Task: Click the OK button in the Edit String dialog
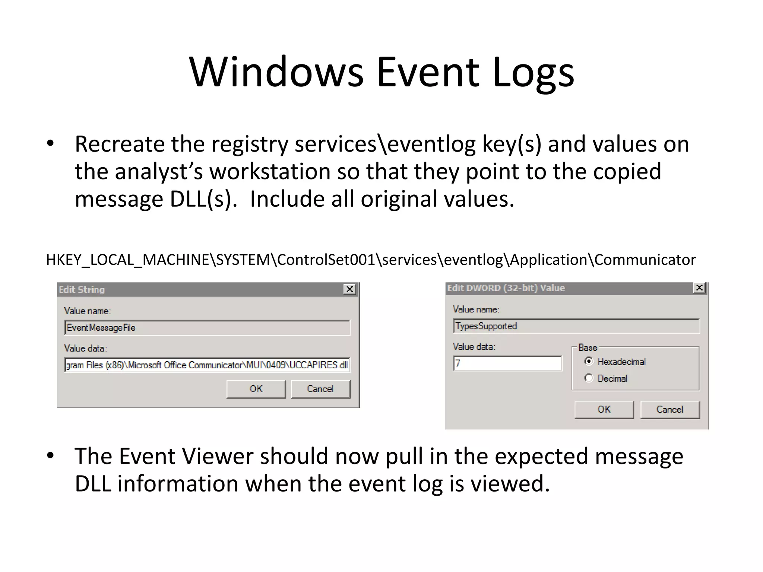256,389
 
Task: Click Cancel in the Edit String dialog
320,389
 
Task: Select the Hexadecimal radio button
589,361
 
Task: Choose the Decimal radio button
589,378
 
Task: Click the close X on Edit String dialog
349,289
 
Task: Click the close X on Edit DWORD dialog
699,288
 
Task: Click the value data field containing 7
507,363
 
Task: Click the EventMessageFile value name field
207,328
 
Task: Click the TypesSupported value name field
576,326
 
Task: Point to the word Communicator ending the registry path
645,260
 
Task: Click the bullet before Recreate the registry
51,144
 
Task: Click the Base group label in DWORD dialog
588,347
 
